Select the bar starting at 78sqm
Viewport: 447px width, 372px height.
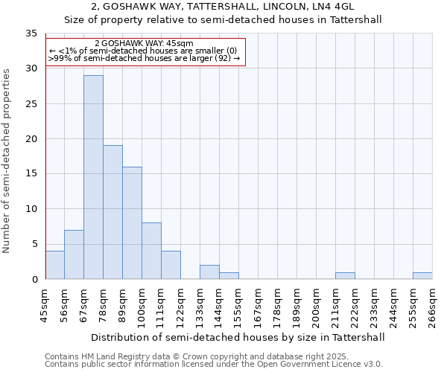112,212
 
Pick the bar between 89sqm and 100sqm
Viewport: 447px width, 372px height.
132,222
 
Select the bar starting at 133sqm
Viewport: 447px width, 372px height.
209,272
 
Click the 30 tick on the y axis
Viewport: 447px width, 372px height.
31,68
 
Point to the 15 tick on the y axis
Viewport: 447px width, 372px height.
31,174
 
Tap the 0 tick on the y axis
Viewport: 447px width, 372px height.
34,280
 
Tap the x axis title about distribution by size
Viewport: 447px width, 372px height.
238,337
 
